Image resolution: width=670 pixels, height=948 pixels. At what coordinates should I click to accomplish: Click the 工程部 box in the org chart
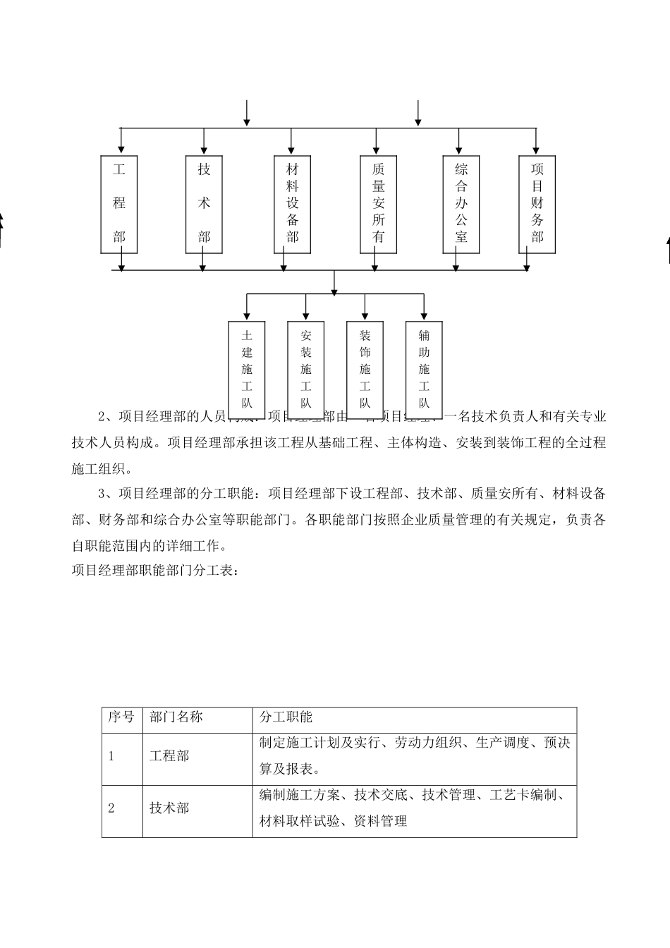coord(119,204)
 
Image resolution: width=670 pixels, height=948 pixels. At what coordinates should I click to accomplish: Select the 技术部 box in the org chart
coord(204,204)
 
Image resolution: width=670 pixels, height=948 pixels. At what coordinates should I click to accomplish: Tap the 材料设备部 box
coord(292,204)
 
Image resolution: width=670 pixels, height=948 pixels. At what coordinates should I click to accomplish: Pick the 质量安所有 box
coord(379,204)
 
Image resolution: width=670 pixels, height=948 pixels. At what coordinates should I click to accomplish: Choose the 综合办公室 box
coord(461,204)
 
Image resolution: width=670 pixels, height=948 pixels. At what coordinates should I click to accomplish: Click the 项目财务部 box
coord(537,204)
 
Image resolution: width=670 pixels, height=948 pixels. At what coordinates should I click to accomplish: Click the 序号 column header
coord(121,717)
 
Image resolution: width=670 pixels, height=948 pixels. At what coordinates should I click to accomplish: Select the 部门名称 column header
coord(176,717)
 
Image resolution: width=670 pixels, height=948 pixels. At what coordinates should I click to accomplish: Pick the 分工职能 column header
coord(286,717)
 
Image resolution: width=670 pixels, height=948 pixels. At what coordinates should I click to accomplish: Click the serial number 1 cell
coord(111,756)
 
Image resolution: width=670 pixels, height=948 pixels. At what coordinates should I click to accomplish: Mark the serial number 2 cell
coord(111,808)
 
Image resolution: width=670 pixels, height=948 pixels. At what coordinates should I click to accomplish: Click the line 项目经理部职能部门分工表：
coord(155,571)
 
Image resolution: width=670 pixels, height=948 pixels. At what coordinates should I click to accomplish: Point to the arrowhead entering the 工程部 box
coord(121,150)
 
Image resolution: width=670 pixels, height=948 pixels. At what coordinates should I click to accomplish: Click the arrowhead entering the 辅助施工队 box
coord(424,315)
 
